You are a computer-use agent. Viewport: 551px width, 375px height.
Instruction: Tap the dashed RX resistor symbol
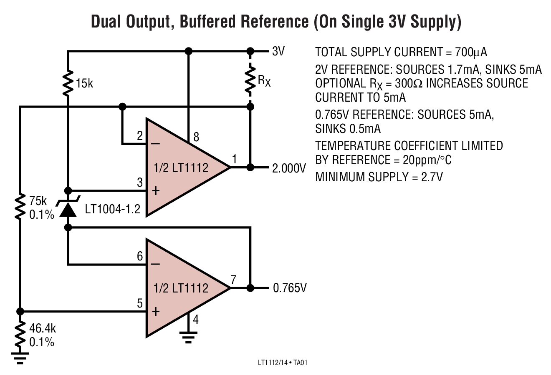click(250, 81)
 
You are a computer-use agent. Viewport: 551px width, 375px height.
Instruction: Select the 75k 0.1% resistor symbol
click(20, 207)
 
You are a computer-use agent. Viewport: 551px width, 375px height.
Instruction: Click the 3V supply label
click(278, 51)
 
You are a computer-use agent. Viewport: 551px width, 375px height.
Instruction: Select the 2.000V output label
click(289, 168)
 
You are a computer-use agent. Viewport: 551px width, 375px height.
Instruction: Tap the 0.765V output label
click(290, 288)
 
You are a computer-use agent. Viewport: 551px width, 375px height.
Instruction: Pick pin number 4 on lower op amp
click(195, 320)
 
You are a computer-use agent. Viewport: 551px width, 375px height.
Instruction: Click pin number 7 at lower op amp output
click(233, 280)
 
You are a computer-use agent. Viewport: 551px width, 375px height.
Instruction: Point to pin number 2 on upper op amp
click(140, 135)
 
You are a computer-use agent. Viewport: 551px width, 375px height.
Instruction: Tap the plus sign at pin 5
click(155, 311)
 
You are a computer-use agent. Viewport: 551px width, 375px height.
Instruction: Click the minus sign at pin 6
click(155, 264)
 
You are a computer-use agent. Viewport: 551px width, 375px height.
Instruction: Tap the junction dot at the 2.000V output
click(250, 167)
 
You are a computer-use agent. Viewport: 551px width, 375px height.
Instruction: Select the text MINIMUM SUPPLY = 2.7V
click(379, 177)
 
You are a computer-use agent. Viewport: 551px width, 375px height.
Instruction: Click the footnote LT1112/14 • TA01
click(283, 363)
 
